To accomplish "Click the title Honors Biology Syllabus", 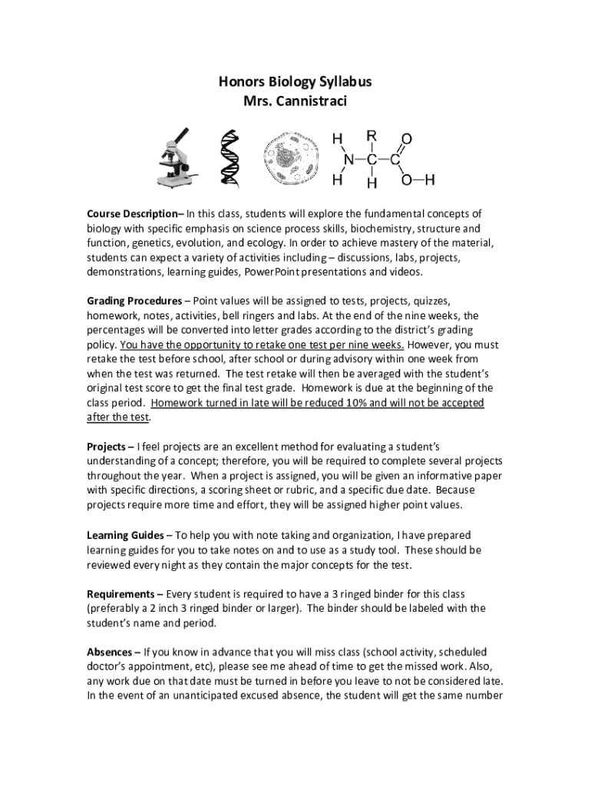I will pos(295,82).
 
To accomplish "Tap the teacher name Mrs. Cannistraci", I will pos(295,101).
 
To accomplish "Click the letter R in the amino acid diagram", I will pos(371,136).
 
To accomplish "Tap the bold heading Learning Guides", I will pos(125,534).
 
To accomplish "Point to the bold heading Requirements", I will pos(121,593).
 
